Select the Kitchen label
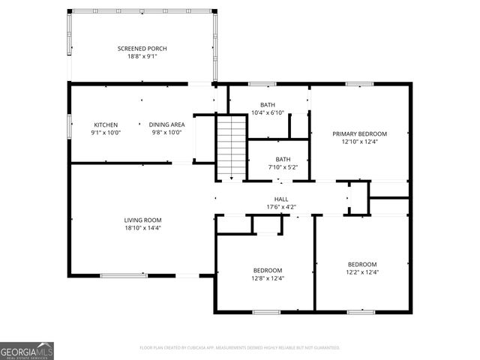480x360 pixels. point(105,124)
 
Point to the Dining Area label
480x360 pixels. point(166,124)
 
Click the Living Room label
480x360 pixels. point(142,220)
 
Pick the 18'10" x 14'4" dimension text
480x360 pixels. point(142,228)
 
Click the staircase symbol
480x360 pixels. point(232,146)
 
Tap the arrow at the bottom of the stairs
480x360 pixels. point(232,177)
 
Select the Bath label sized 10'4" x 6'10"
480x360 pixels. point(268,105)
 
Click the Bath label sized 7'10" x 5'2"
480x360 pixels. point(283,159)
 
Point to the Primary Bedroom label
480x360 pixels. point(360,133)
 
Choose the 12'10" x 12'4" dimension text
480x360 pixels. point(360,142)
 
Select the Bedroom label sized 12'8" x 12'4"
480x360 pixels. point(267,270)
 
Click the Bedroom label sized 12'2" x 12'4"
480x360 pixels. point(361,264)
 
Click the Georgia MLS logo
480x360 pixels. point(27,351)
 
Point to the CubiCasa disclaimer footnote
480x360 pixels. point(240,348)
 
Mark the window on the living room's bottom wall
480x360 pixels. point(124,275)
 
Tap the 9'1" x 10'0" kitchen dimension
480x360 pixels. point(105,133)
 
